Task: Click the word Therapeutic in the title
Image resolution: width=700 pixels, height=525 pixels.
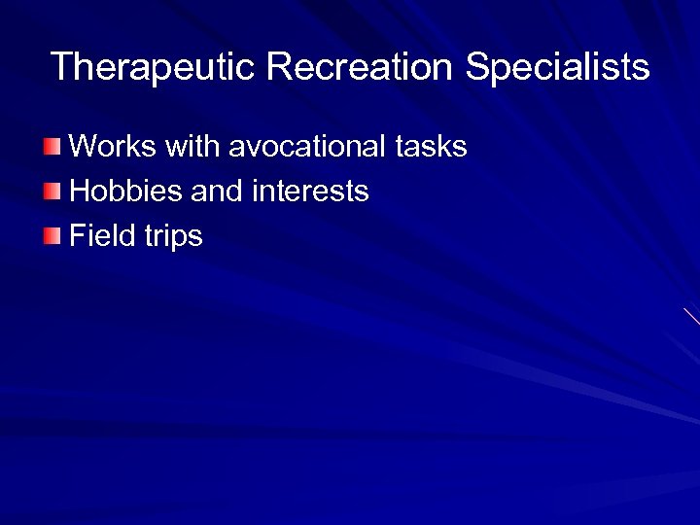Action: click(153, 68)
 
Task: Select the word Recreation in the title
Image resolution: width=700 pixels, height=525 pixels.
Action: click(360, 67)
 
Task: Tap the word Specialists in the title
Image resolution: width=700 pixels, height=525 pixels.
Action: click(557, 68)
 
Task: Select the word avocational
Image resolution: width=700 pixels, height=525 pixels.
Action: click(307, 147)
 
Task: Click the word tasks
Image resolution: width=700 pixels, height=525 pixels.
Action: click(431, 147)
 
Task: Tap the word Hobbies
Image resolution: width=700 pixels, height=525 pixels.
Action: click(126, 192)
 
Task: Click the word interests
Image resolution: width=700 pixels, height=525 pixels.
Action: click(310, 192)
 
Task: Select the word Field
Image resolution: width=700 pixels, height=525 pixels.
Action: click(101, 235)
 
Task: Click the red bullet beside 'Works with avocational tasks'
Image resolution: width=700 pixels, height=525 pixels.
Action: click(52, 147)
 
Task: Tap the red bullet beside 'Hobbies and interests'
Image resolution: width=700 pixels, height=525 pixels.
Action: click(52, 191)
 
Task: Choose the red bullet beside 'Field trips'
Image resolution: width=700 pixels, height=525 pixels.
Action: click(52, 235)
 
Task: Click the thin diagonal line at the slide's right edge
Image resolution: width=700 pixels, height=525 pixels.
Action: click(691, 317)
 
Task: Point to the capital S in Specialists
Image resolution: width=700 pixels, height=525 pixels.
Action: click(477, 67)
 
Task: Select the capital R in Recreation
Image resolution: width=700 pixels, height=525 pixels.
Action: click(278, 67)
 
